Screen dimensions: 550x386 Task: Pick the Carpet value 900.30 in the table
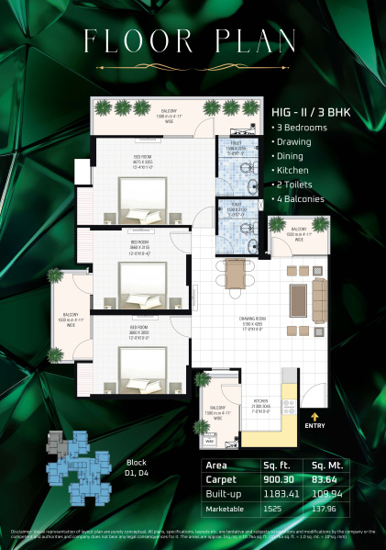276,478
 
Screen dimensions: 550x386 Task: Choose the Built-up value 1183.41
276,492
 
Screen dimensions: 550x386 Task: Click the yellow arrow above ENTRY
314,415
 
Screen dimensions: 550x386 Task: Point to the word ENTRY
314,426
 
